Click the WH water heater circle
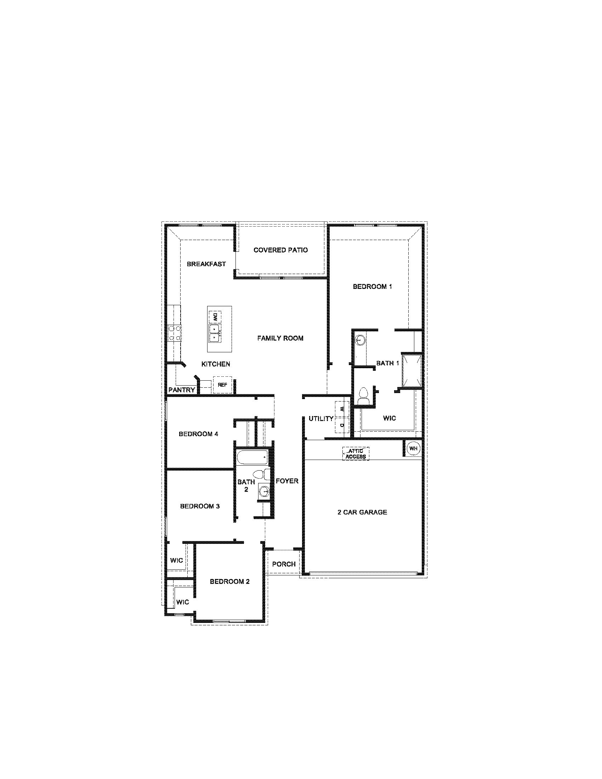[x=413, y=448]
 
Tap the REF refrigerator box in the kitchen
[x=222, y=385]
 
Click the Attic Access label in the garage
[x=356, y=454]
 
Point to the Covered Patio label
[x=280, y=250]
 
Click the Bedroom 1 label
[x=372, y=286]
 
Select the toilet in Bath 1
[x=363, y=397]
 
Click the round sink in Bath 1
[x=361, y=340]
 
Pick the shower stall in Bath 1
[x=412, y=370]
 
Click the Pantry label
[x=182, y=390]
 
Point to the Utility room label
[x=321, y=419]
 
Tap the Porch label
[x=284, y=564]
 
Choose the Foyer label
[x=287, y=481]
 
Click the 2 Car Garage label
[x=362, y=512]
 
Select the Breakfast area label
[x=206, y=264]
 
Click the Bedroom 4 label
[x=198, y=434]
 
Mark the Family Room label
[x=280, y=338]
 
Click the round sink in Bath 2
[x=264, y=492]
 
